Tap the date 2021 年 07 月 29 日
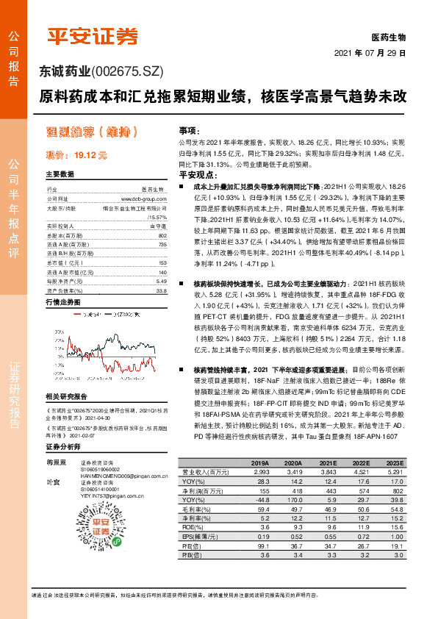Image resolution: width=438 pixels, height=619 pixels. click(370, 54)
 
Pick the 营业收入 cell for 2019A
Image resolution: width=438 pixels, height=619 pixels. click(259, 471)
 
